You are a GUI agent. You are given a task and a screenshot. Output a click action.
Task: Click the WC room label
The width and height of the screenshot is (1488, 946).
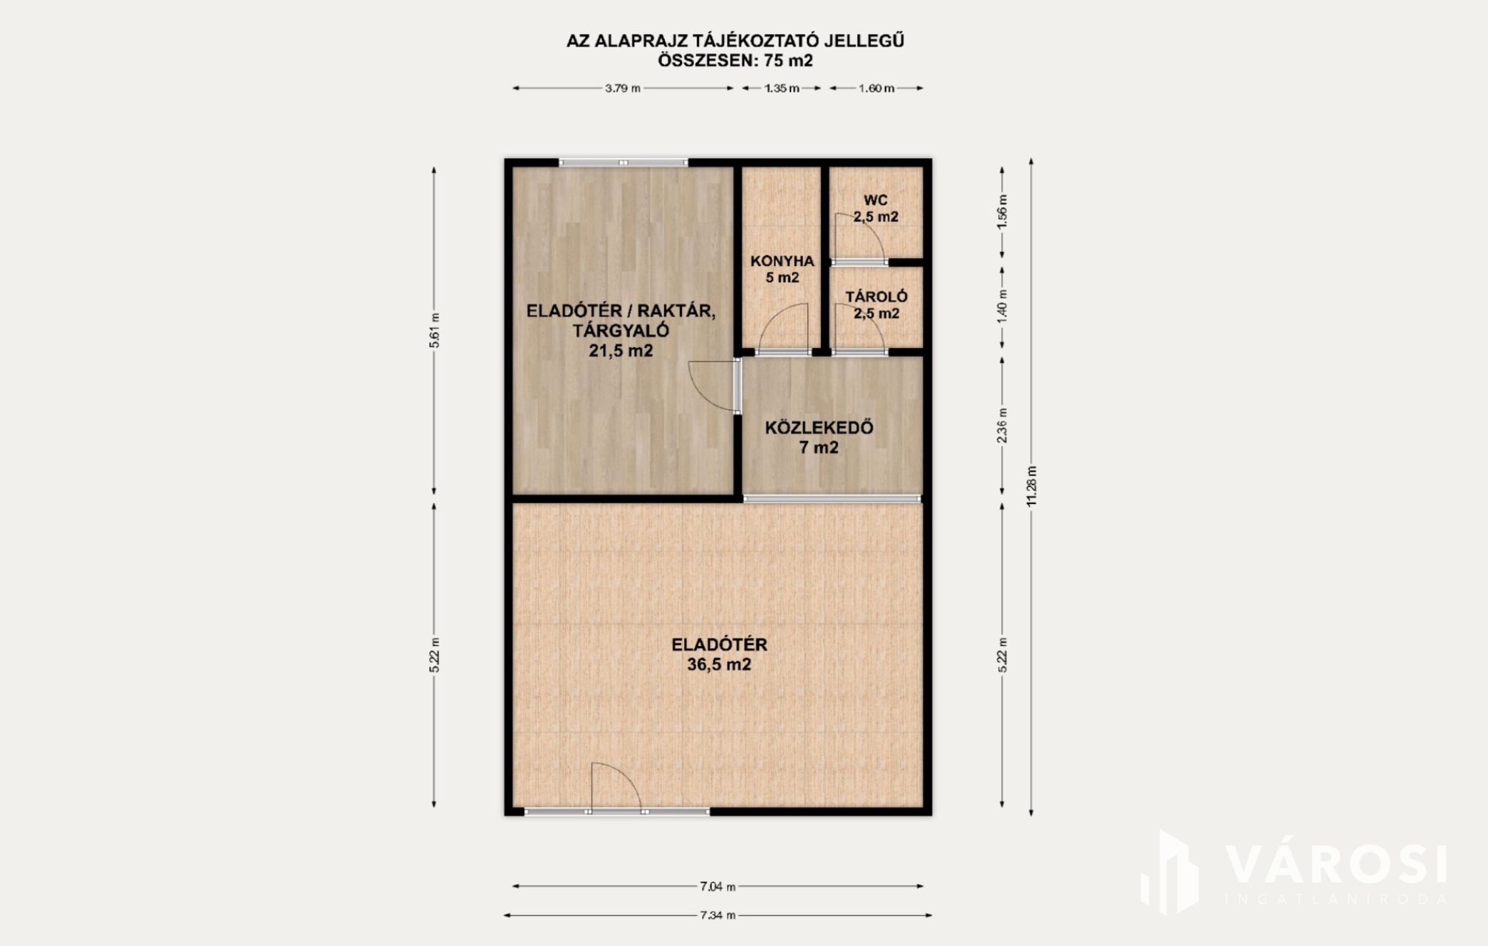876,200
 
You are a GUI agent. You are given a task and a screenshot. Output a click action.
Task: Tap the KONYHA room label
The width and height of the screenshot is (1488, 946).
782,261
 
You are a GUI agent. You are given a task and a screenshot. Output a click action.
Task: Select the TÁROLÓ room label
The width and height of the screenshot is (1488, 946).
876,297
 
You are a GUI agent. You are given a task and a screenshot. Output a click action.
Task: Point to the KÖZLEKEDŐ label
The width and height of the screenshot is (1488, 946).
819,428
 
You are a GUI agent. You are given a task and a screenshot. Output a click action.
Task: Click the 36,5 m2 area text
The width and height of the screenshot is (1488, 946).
719,664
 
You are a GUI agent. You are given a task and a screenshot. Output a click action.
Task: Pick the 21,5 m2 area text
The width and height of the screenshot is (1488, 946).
621,351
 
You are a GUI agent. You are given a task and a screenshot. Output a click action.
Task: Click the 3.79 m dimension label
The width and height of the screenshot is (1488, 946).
623,88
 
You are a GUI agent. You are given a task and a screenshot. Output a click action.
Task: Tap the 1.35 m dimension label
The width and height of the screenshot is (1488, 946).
782,88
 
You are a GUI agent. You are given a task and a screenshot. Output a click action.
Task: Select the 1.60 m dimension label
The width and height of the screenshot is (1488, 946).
876,88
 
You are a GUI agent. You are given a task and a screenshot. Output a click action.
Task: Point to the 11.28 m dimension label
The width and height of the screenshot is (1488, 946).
1031,486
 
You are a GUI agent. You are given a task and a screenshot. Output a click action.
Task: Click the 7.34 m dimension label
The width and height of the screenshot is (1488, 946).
717,915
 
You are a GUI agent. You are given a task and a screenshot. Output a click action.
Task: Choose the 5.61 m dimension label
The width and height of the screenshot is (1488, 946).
434,330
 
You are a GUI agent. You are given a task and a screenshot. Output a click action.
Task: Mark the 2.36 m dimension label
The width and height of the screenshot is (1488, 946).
1002,426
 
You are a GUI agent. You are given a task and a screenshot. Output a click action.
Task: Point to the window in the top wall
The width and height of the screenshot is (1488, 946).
624,162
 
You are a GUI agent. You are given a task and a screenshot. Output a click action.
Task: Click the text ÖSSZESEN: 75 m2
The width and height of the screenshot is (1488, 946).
735,61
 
